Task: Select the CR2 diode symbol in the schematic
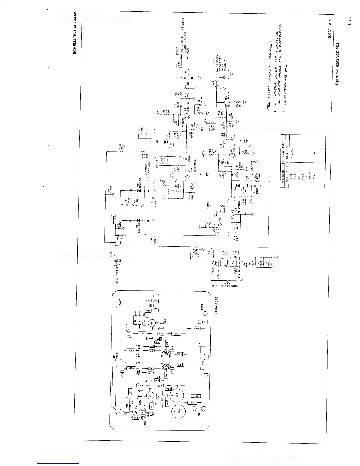[138, 190]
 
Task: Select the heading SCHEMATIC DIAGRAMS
[75, 32]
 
